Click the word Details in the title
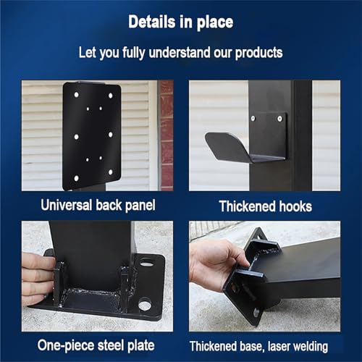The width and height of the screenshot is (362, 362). tap(152, 22)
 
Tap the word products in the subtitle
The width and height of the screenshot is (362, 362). tap(259, 53)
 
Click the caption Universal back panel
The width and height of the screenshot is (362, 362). tap(98, 206)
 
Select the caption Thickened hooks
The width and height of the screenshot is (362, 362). tap(266, 206)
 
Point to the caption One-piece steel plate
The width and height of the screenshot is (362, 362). tap(96, 345)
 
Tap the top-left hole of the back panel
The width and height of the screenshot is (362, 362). tap(77, 95)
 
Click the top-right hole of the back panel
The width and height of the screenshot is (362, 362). tap(111, 96)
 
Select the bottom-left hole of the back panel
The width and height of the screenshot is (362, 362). tap(76, 178)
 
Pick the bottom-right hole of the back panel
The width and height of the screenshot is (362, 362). tap(110, 172)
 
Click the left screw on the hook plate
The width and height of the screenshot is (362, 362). tap(253, 118)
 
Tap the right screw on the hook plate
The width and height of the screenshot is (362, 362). tap(279, 119)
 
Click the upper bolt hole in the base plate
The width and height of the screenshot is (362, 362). tap(147, 263)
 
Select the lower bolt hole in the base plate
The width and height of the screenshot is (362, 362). tap(145, 305)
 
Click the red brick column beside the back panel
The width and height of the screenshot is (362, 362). tap(167, 135)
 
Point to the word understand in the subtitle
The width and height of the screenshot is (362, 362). tap(180, 53)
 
